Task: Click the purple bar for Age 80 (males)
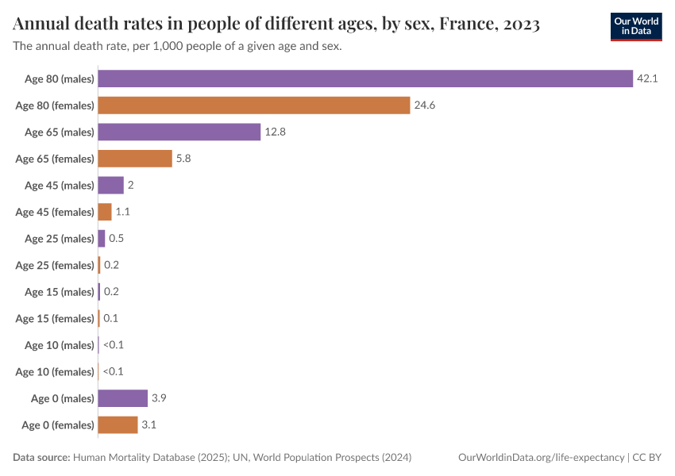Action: point(365,79)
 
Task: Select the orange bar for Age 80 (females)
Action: point(254,106)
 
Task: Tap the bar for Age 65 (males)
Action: point(179,132)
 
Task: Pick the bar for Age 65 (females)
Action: point(135,159)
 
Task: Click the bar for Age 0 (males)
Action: point(123,398)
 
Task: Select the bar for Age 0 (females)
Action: point(118,425)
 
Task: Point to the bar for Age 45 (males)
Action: point(110,186)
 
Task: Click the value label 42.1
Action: point(647,79)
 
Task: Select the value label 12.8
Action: point(275,132)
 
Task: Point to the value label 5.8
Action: point(183,159)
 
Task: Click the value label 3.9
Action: point(159,398)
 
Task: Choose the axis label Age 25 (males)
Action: point(59,239)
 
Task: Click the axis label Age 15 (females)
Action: point(55,319)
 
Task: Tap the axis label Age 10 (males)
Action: point(59,345)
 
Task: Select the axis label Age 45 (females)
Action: point(55,213)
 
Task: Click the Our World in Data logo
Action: point(635,25)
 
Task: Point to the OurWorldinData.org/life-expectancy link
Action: point(542,458)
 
